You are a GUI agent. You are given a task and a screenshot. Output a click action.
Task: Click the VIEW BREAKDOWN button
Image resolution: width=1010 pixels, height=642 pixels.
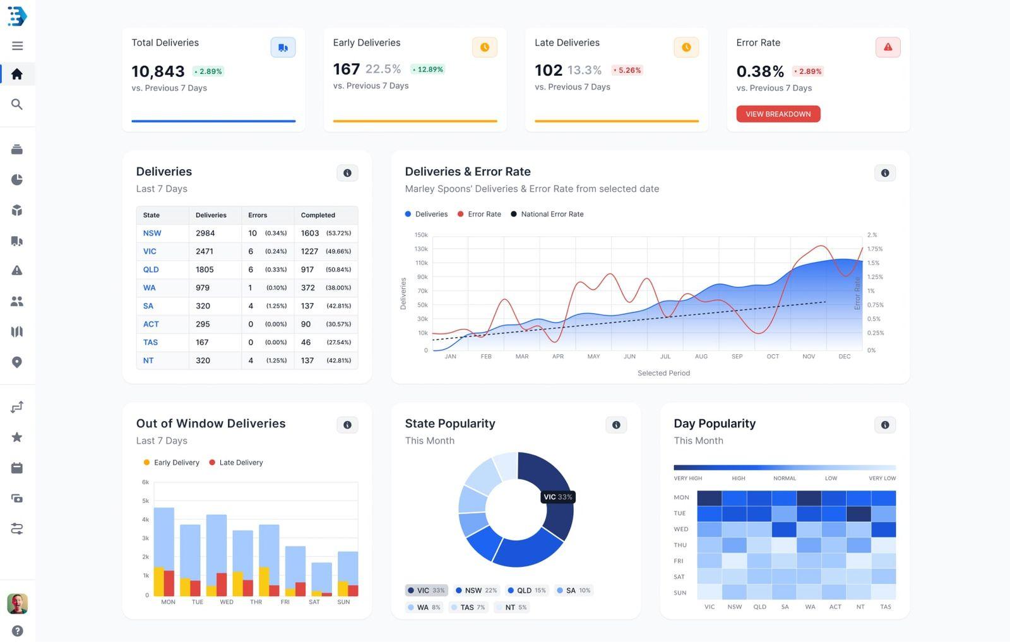(778, 114)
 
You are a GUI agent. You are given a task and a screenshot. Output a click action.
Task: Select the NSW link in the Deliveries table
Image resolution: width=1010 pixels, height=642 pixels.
(152, 233)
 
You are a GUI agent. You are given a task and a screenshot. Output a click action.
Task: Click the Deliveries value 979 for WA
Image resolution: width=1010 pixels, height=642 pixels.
(203, 288)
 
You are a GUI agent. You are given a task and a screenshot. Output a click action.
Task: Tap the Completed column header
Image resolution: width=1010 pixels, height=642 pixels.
(318, 215)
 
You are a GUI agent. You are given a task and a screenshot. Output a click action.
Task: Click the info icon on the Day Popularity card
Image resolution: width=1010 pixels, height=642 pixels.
(884, 425)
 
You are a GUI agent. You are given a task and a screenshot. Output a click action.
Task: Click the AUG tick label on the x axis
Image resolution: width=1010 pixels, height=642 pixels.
(701, 357)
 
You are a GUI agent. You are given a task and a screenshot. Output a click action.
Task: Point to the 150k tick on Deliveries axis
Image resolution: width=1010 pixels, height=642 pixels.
(421, 235)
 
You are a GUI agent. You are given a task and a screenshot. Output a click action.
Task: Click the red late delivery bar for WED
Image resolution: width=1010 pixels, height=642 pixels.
(222, 584)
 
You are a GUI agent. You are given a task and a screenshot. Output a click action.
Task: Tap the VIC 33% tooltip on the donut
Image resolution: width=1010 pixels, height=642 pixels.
(558, 497)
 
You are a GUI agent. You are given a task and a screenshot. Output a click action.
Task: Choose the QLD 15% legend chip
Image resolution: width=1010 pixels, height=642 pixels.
(527, 591)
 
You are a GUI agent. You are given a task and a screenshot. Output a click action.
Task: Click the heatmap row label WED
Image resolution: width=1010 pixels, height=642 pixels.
(680, 529)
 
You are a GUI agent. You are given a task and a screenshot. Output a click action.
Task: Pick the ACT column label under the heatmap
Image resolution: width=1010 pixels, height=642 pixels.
(835, 607)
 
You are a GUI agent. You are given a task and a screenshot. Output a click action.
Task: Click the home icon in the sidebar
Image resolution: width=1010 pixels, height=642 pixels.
(17, 74)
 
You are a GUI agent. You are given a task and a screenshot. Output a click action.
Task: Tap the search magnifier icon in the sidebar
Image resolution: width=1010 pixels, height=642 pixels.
(17, 104)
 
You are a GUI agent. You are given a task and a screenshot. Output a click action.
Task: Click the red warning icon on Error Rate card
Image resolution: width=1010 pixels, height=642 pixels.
(888, 47)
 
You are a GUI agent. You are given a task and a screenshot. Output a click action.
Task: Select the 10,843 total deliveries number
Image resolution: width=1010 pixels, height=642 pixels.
(158, 71)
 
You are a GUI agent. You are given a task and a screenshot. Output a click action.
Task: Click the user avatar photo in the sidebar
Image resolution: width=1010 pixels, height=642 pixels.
(17, 603)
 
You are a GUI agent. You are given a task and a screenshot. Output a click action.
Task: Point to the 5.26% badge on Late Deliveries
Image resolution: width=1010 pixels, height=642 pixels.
(627, 70)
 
